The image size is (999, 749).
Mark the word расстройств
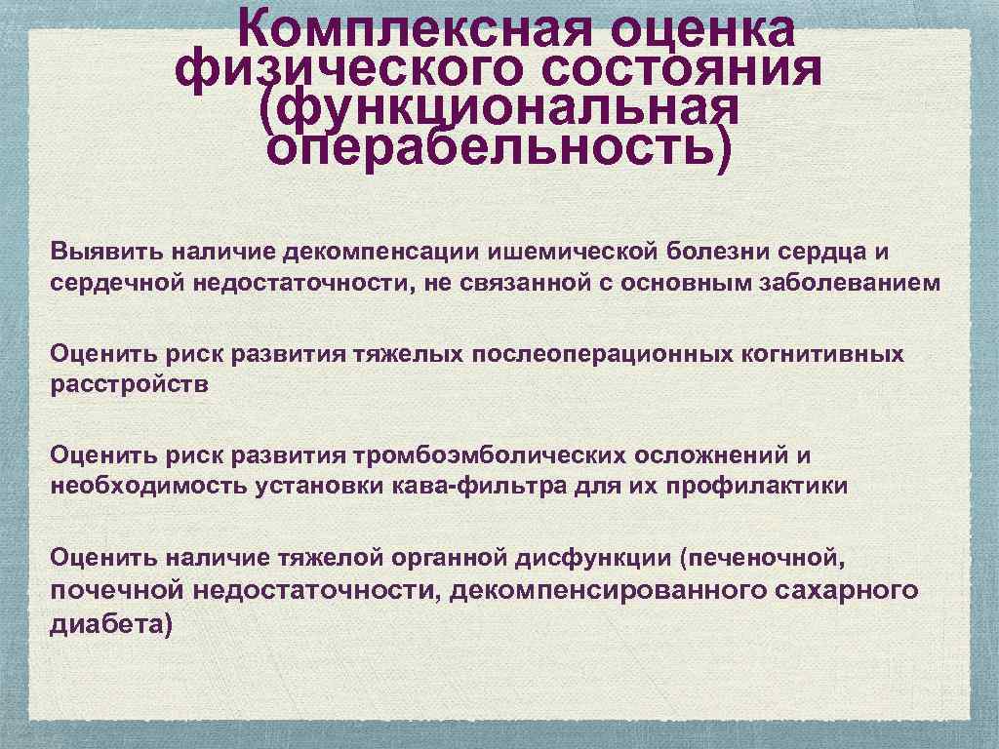(x=130, y=385)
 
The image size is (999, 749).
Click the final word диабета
(x=110, y=623)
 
